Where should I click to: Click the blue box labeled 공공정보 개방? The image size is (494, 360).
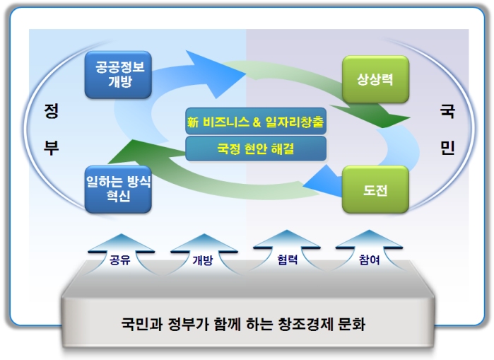click(118, 75)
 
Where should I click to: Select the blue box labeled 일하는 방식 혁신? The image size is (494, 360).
click(118, 189)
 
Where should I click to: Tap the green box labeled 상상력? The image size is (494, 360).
click(375, 79)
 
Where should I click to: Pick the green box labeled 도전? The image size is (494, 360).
click(375, 189)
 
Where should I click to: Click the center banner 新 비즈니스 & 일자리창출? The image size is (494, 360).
click(256, 122)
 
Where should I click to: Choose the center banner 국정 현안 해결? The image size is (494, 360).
click(256, 149)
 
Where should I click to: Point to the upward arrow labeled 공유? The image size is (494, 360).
click(121, 254)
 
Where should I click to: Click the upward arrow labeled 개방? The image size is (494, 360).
click(204, 254)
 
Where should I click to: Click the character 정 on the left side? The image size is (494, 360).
click(51, 111)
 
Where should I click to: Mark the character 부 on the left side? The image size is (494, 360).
click(51, 147)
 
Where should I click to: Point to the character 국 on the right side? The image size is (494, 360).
click(447, 111)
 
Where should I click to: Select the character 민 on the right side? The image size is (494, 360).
click(447, 147)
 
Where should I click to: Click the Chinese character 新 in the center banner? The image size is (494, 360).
click(193, 122)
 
